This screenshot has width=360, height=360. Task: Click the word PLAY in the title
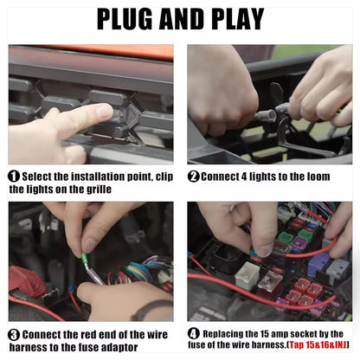point(237,19)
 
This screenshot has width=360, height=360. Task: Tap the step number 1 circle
point(14,177)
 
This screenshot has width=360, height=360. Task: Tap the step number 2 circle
point(193,177)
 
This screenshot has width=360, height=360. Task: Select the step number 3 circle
point(14,335)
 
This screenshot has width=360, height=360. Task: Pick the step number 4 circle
point(193,334)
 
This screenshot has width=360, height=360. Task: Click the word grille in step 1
point(99,190)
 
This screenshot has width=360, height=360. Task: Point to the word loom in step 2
point(318,177)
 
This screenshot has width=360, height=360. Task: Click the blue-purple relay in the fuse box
point(318,264)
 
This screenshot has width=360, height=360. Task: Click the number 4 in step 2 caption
point(244,177)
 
